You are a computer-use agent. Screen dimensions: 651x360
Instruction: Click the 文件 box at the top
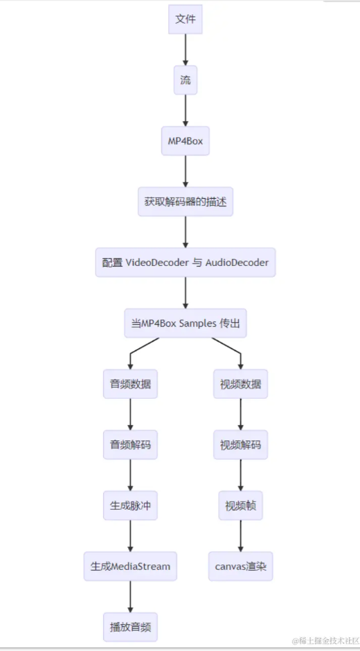(185, 19)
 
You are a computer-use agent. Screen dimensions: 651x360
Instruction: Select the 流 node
(185, 80)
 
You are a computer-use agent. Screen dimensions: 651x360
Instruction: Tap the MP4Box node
(185, 141)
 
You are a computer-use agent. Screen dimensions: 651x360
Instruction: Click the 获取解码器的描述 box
(185, 202)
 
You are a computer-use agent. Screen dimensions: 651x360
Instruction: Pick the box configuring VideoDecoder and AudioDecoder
(185, 262)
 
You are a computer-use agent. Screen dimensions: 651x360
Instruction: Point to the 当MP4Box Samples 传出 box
(185, 323)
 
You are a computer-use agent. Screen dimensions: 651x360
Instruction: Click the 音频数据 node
(130, 384)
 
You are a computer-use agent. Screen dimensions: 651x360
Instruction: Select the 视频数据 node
(240, 384)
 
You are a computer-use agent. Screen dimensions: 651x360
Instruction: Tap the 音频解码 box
(130, 445)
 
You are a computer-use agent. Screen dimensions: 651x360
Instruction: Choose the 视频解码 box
(240, 445)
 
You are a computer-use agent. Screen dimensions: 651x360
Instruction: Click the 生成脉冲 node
(130, 506)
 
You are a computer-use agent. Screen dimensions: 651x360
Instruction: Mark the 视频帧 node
(240, 506)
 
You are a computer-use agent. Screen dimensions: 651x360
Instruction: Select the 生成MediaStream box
(130, 566)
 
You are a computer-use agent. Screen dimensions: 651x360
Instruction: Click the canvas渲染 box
(240, 566)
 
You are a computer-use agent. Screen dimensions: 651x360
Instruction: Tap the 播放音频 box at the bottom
(130, 627)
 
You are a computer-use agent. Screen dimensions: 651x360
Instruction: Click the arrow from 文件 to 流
(185, 50)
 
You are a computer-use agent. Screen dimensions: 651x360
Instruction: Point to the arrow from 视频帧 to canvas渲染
(240, 536)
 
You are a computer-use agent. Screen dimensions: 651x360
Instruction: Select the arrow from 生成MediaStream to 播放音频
(130, 596)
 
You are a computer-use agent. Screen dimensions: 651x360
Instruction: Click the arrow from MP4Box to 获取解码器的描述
(185, 172)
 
